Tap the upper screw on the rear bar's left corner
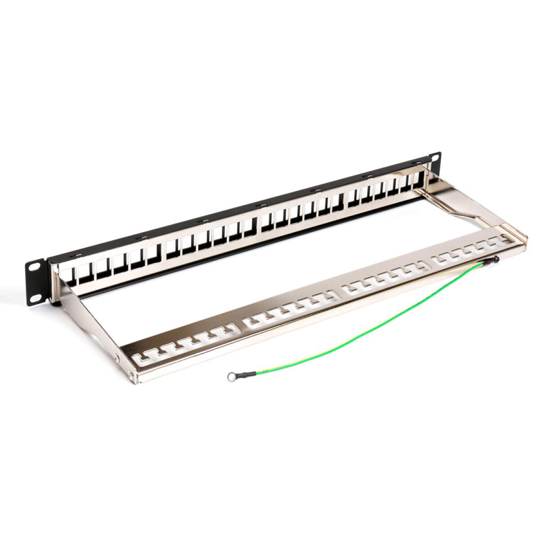tap(117, 358)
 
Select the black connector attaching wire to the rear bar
tap(492, 260)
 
